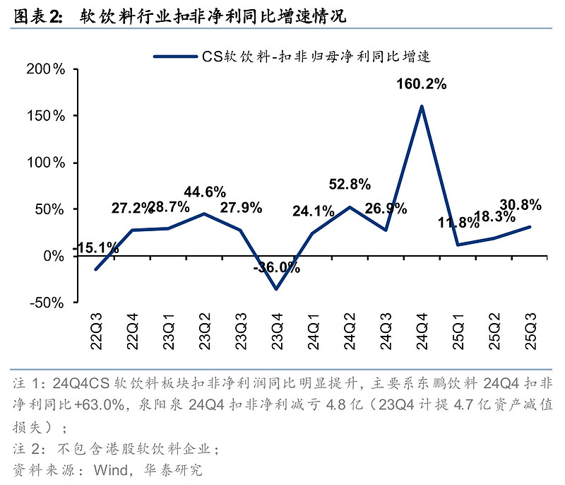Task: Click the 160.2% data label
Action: [x=422, y=84]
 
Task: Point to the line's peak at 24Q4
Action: [x=422, y=107]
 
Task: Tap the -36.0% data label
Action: [x=277, y=269]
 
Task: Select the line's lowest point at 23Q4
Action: [x=277, y=288]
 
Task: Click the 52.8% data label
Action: [x=350, y=185]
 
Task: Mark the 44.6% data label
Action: [x=205, y=192]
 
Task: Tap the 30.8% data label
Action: [x=521, y=205]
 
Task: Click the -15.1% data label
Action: [x=95, y=247]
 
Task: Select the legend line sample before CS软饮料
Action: [x=177, y=56]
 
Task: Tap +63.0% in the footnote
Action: [x=92, y=407]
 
